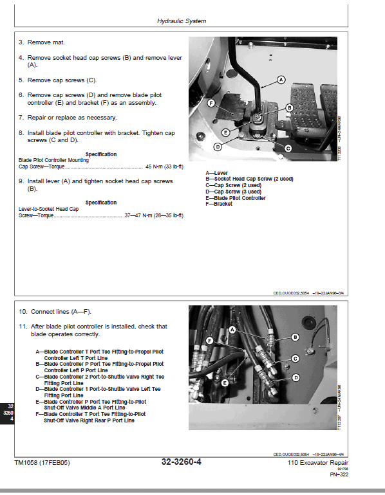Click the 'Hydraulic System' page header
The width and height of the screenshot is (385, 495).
pyautogui.click(x=182, y=21)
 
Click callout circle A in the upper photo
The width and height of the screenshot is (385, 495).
pyautogui.click(x=281, y=80)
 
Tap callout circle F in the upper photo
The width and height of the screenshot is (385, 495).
pyautogui.click(x=211, y=103)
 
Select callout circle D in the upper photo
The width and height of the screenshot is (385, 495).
pyautogui.click(x=218, y=147)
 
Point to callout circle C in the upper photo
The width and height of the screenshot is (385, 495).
pyautogui.click(x=288, y=148)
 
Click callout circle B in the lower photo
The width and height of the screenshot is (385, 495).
pyautogui.click(x=296, y=337)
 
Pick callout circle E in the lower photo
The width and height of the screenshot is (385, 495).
pyautogui.click(x=225, y=382)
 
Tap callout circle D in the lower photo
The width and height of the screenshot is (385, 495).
pyautogui.click(x=296, y=377)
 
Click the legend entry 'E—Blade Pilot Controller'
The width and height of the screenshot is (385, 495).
pyautogui.click(x=235, y=198)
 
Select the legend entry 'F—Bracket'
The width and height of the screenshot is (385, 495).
pyautogui.click(x=219, y=204)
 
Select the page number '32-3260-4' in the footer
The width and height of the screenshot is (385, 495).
pyautogui.click(x=181, y=462)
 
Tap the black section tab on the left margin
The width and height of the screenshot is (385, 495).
pyautogui.click(x=7, y=412)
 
